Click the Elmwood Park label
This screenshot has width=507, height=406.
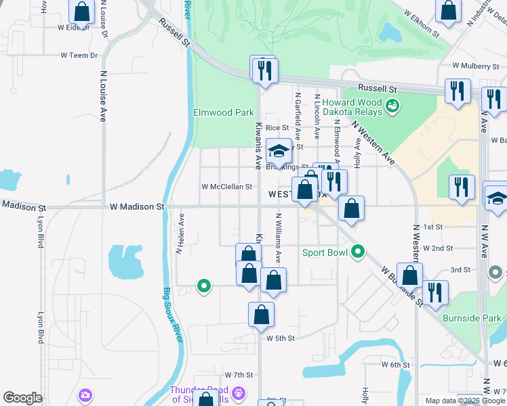pos(223,112)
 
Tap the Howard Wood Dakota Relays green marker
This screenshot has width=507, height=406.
pos(392,106)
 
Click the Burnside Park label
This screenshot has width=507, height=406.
pos(472,318)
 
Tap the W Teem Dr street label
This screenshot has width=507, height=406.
pos(79,55)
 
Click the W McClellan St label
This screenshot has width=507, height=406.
pos(227,187)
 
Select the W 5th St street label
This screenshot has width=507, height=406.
pos(281,338)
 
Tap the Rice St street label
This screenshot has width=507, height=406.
pos(277,127)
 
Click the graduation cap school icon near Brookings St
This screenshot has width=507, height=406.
pos(278,152)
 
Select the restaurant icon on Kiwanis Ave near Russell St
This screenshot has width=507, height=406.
pos(264,69)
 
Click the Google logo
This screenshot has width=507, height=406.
pos(23,397)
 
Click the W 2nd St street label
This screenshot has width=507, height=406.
pos(437,248)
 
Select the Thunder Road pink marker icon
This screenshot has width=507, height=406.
pos(238,392)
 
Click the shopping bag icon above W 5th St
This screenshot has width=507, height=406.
pos(261,315)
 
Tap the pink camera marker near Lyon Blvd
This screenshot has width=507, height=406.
pos(85,395)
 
